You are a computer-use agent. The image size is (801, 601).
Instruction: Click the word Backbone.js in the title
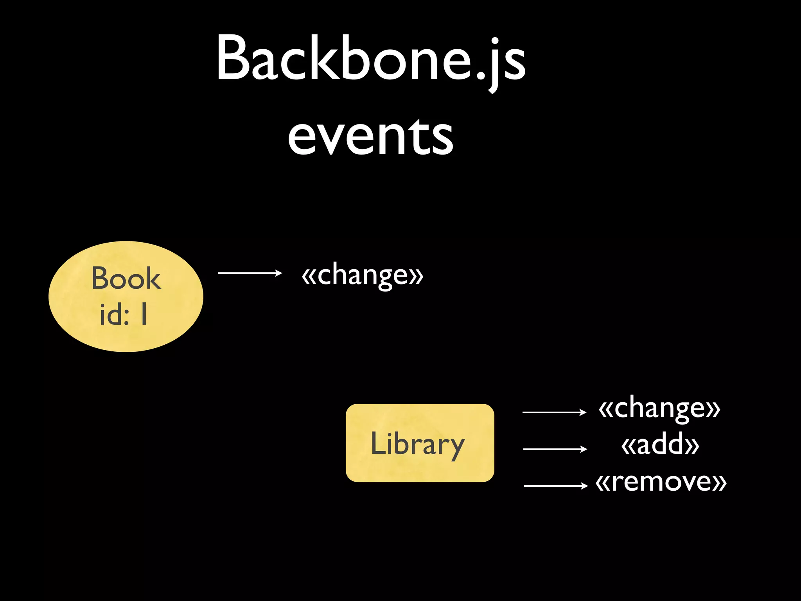371,59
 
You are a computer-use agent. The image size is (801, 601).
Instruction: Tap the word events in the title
371,137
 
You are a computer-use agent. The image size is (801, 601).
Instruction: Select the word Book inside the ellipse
126,278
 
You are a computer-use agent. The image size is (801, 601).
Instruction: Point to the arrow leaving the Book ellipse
250,273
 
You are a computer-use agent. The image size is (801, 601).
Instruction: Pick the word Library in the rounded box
417,444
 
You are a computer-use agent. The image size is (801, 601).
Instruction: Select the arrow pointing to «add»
555,449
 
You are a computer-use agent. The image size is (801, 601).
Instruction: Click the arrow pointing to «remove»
555,486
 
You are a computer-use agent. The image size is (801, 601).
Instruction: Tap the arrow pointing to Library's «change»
554,412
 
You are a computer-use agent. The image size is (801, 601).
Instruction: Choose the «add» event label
660,445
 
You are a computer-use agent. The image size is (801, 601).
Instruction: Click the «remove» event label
661,482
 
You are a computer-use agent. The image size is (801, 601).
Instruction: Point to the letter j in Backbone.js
494,65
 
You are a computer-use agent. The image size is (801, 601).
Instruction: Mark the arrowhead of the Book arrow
278,273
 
